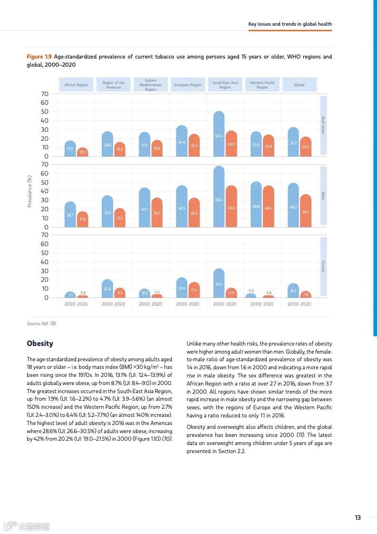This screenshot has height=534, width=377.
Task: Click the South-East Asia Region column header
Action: pyautogui.click(x=225, y=85)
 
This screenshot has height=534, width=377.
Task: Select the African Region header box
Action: pyautogui.click(x=77, y=85)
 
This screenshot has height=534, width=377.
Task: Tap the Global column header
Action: pyautogui.click(x=300, y=85)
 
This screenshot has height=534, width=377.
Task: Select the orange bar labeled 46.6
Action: pyautogui.click(x=232, y=207)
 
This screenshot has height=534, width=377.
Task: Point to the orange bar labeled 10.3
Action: pyautogui.click(x=83, y=152)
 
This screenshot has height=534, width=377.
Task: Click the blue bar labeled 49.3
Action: pyautogui.click(x=293, y=205)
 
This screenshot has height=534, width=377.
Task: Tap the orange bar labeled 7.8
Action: pyautogui.click(x=306, y=294)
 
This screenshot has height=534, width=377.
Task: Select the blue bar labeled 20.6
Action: pyautogui.click(x=107, y=288)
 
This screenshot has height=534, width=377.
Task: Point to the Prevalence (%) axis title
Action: pyautogui.click(x=29, y=191)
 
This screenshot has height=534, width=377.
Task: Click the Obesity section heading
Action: pyautogui.click(x=40, y=344)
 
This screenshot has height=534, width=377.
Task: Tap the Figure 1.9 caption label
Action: pyautogui.click(x=39, y=57)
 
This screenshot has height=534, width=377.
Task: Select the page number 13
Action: pyautogui.click(x=358, y=518)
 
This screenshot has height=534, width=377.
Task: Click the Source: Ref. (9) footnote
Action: pyautogui.click(x=41, y=324)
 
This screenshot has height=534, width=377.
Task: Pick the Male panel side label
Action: pyautogui.click(x=323, y=196)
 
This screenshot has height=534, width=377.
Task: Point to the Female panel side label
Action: pyautogui.click(x=323, y=267)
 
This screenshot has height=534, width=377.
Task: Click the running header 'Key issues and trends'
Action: pyautogui.click(x=290, y=24)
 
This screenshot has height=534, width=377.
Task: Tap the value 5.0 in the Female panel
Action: pyautogui.click(x=251, y=290)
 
